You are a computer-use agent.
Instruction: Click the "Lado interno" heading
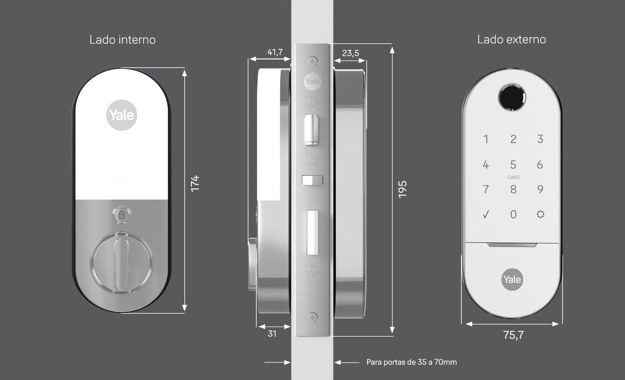123,39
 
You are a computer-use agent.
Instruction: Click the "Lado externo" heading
511,39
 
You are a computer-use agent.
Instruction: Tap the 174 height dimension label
195,183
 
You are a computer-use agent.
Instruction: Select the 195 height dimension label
402,190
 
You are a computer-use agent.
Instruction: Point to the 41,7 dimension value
275,52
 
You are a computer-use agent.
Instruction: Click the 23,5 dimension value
350,53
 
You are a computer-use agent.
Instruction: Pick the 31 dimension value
272,333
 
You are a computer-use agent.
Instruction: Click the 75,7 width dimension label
513,335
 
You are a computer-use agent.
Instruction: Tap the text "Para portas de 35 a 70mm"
412,362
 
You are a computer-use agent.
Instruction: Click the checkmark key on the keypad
486,214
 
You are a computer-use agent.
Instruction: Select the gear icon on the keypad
541,214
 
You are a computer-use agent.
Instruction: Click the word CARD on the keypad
513,177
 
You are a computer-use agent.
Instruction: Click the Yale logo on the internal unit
121,115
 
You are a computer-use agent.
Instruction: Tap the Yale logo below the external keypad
512,280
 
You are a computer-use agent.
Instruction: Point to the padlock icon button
121,215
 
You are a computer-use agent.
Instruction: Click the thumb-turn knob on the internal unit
121,263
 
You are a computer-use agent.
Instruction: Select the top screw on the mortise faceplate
312,61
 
